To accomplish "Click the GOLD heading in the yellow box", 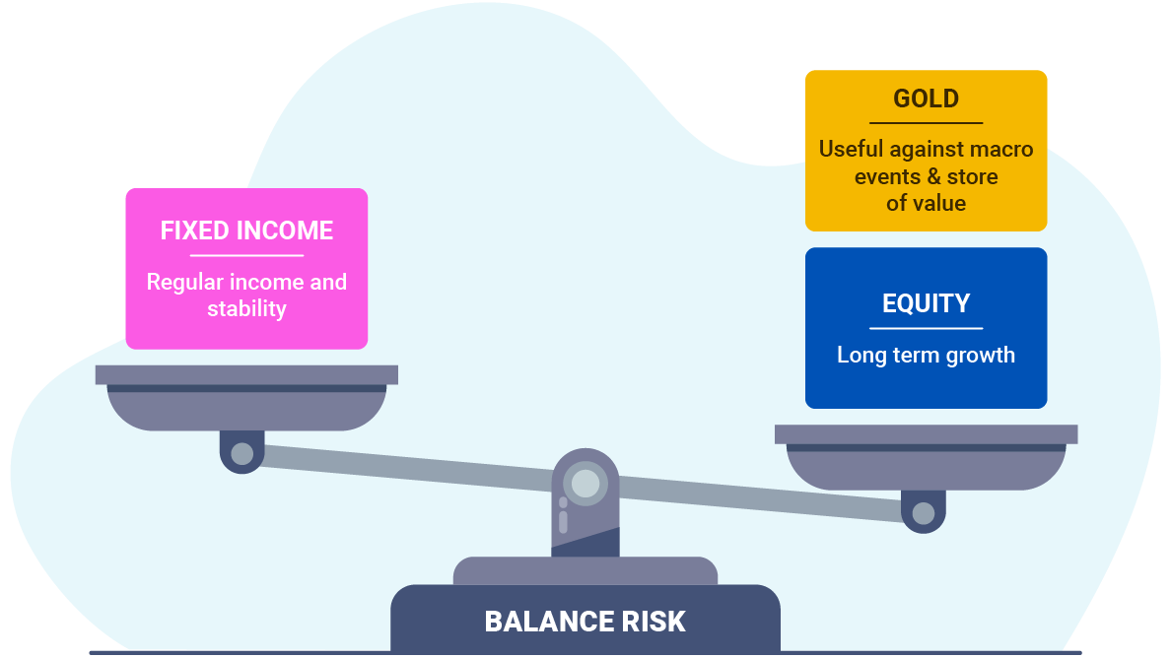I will click(x=926, y=99).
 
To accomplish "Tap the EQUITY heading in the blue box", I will click(x=926, y=303).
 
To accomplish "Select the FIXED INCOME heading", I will click(x=246, y=230).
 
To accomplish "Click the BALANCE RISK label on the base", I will click(x=585, y=622).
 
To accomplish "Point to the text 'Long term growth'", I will click(x=926, y=355).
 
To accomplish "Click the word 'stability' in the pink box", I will click(x=246, y=308).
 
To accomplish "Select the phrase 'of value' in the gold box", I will click(x=926, y=203).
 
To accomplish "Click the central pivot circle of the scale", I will click(x=585, y=484).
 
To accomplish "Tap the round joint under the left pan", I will click(x=241, y=454).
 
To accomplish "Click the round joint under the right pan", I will click(x=924, y=513).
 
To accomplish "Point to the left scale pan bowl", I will click(x=246, y=408).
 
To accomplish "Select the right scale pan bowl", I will click(x=926, y=467).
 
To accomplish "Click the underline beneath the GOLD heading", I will click(x=926, y=123).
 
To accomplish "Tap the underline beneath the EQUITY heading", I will click(x=926, y=328).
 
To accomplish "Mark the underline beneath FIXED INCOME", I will click(x=246, y=255).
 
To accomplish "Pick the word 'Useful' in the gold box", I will click(x=851, y=150).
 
